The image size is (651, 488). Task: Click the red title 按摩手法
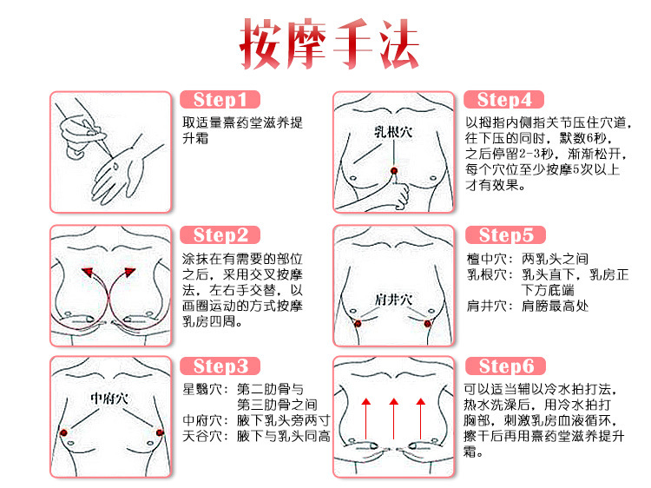(329, 43)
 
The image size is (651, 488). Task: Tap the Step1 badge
(220, 100)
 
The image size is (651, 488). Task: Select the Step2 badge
(220, 235)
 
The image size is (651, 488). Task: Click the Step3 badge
(220, 366)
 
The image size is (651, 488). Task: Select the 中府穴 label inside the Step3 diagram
(109, 398)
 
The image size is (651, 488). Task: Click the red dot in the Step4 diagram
(394, 170)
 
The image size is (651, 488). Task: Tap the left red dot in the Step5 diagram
(357, 323)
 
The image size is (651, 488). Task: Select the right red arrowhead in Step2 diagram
(128, 274)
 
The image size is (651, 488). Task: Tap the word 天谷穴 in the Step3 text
(200, 436)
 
